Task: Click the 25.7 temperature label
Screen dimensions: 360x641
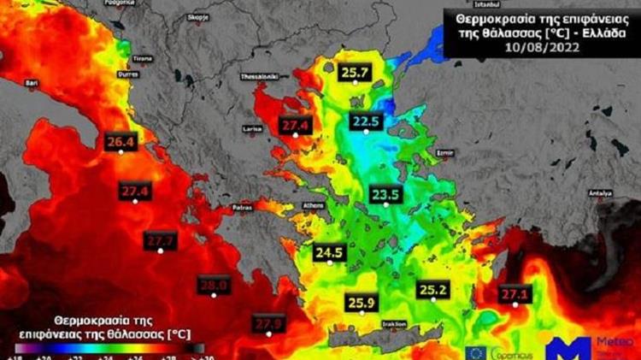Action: (354, 73)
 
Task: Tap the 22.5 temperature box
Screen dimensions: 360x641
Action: (365, 121)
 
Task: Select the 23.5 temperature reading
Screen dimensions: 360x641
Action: (385, 195)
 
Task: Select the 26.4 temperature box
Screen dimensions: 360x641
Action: (120, 141)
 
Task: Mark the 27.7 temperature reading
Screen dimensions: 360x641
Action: (161, 241)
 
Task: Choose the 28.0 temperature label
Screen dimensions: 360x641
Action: (213, 285)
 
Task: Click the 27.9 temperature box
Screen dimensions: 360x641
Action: (268, 323)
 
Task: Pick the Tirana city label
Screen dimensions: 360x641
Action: (143, 58)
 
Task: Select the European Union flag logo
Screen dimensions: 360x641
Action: (476, 351)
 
